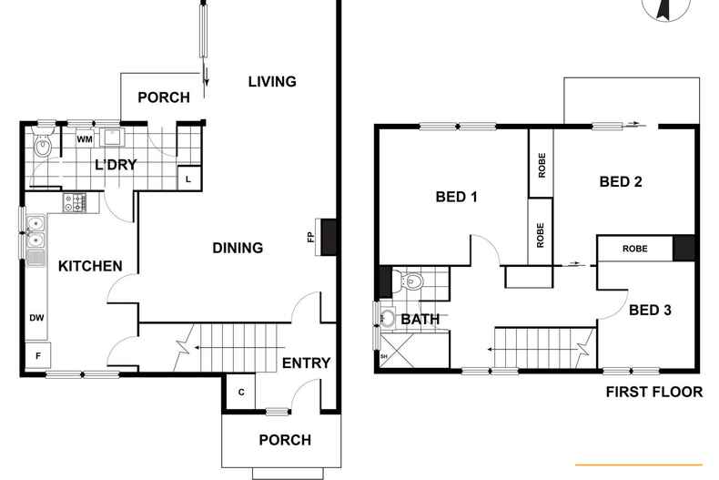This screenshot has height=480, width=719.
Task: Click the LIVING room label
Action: point(272,81)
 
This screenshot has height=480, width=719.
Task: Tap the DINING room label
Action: point(238,247)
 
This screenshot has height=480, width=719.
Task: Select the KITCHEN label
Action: point(90,266)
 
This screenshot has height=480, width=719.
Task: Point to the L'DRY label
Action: point(116,164)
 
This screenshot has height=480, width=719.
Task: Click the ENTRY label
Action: point(306,363)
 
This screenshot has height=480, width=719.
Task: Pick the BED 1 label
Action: point(457,197)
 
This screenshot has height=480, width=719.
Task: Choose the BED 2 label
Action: point(622,181)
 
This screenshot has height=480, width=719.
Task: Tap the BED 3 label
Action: point(650,310)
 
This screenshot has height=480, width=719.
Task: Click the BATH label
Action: point(420,320)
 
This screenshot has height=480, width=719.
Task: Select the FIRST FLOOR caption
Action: point(654,392)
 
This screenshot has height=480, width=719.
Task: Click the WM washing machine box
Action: point(84,139)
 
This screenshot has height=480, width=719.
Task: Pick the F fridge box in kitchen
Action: point(37,354)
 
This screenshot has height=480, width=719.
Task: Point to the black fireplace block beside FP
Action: point(329,236)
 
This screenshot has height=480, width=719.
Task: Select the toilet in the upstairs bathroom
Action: point(410,281)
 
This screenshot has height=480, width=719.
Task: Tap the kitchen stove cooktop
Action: point(75,203)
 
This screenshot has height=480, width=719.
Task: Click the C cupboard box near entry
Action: point(241,392)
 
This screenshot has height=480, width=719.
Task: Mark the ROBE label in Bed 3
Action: point(634,248)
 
